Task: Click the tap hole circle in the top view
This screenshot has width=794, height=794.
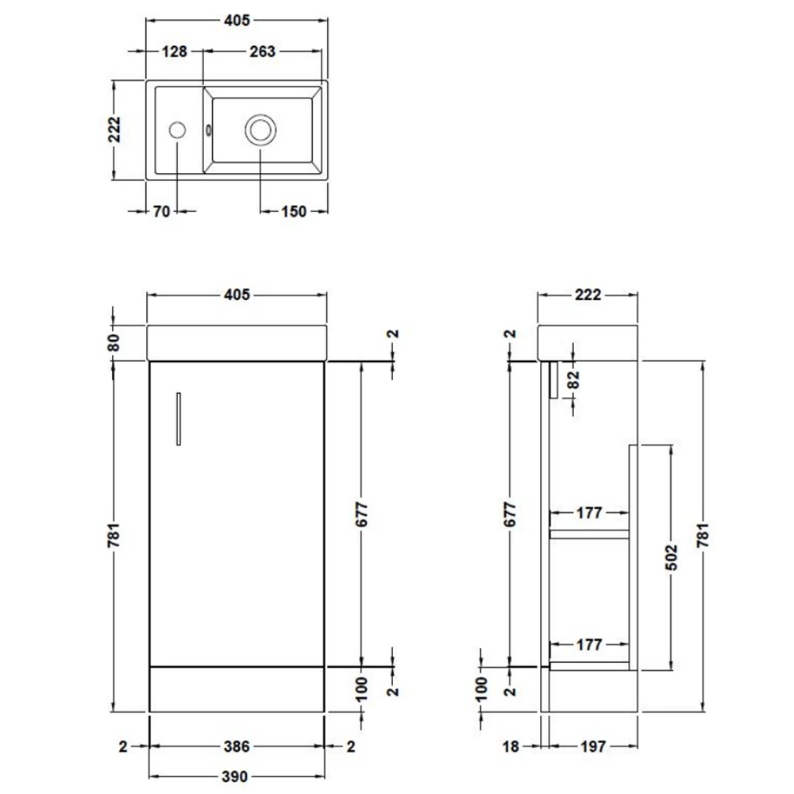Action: point(179,129)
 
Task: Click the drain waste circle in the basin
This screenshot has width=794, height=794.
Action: point(260,129)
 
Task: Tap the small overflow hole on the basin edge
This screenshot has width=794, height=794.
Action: point(209,130)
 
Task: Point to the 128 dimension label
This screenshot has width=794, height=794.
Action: point(174,52)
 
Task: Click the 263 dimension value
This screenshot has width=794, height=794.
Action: point(262,52)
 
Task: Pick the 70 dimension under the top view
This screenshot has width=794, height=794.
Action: point(162,212)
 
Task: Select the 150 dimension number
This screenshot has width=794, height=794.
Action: point(293,212)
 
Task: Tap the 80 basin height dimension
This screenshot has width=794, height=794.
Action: point(114,343)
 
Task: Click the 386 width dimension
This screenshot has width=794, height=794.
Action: point(237,746)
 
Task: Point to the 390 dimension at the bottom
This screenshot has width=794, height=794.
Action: point(237,776)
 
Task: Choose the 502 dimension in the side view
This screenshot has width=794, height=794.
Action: point(673,557)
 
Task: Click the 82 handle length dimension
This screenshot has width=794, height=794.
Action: point(573,380)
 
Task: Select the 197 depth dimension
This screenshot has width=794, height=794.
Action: point(593,746)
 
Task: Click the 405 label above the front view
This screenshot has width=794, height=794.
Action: point(237,295)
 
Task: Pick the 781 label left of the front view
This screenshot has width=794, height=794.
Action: point(114,536)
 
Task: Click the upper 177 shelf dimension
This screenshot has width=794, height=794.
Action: point(588,513)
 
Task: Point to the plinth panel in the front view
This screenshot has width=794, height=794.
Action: point(237,688)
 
